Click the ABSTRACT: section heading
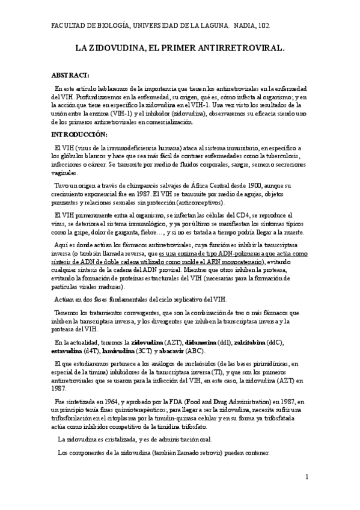point(70,75)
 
